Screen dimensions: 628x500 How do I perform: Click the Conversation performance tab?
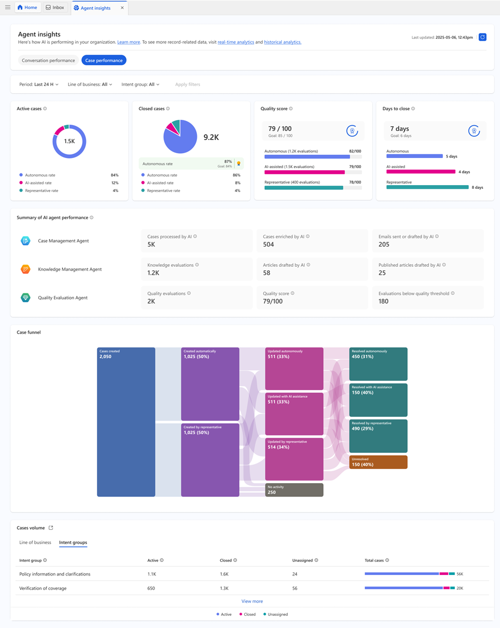[x=48, y=60]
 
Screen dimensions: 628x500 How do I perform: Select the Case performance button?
[x=104, y=60]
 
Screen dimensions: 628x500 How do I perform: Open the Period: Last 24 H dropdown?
[x=39, y=84]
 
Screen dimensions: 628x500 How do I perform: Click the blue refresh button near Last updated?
[x=482, y=37]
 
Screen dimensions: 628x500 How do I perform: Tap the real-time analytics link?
[x=236, y=42]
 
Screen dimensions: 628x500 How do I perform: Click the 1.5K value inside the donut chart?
[x=70, y=141]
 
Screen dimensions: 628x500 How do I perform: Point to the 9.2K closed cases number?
[x=211, y=137]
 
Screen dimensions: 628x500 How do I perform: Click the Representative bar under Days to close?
[x=427, y=187]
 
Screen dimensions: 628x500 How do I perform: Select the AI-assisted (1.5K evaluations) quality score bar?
[x=305, y=172]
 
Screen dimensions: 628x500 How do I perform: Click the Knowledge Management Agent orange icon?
[x=25, y=269]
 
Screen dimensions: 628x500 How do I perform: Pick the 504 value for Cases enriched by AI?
[x=269, y=245]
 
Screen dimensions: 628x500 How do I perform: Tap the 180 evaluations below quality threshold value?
[x=383, y=301]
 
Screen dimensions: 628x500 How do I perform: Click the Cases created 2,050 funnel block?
[x=126, y=422]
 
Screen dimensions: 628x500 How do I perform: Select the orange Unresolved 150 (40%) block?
[x=378, y=462]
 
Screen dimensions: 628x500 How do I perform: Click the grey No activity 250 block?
[x=294, y=490]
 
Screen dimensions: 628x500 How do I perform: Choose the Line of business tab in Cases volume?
[x=35, y=543]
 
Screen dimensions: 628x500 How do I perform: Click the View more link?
[x=252, y=601]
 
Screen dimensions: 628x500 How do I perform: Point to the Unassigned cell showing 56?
[x=295, y=588]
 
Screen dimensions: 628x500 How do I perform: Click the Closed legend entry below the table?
[x=247, y=614]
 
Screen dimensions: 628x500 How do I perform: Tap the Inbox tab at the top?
[x=55, y=7]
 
